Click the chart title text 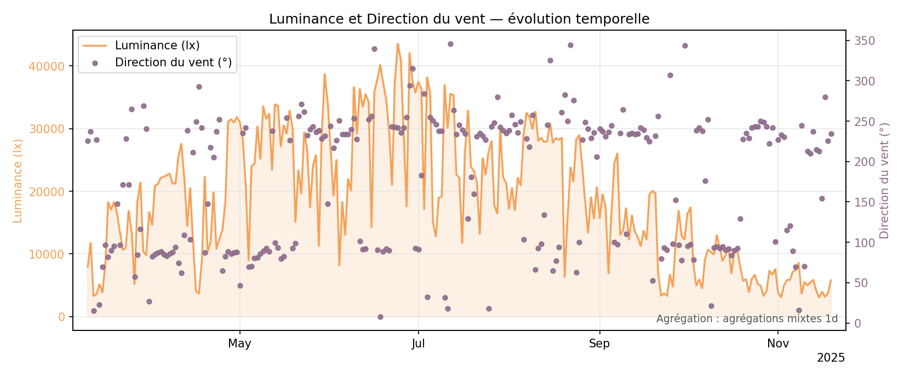459,19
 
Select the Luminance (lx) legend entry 157,45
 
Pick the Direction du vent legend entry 173,62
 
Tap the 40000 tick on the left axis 50,66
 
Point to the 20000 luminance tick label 50,192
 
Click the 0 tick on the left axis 61,317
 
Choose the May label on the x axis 239,344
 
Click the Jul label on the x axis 419,344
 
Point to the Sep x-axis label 599,344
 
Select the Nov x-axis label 778,344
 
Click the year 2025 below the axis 831,358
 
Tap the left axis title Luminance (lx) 18,181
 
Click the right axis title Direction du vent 884,181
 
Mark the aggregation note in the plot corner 747,319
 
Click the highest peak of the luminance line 398,44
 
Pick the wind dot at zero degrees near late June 380,317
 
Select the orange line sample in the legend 95,45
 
